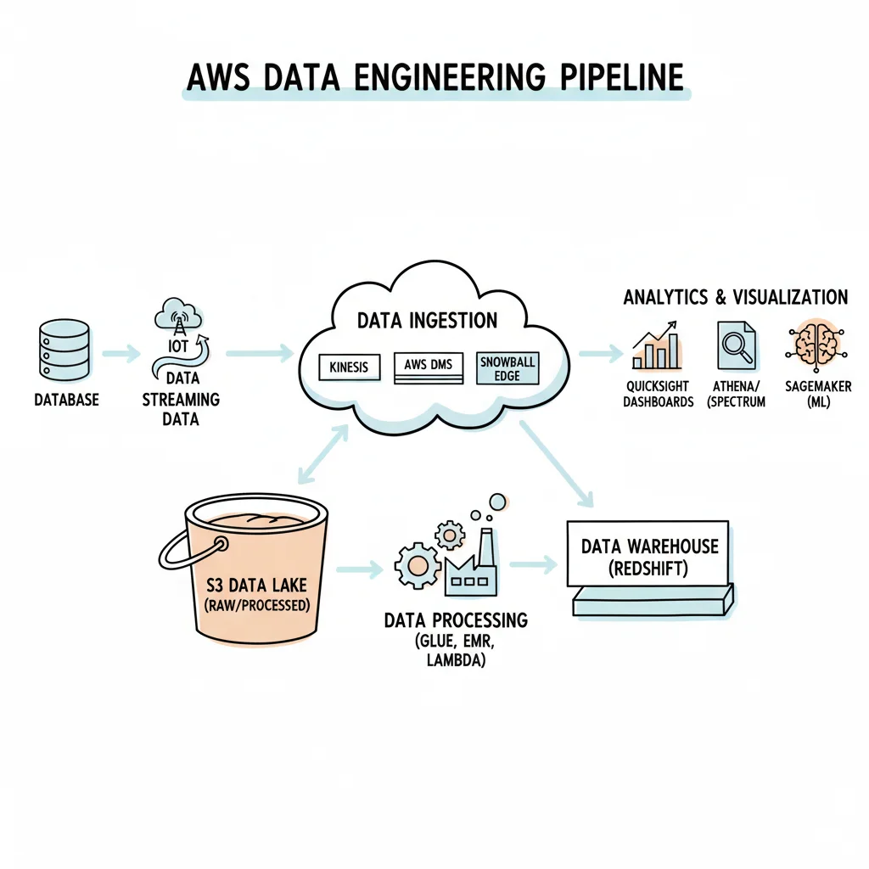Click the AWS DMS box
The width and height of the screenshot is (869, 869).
click(429, 366)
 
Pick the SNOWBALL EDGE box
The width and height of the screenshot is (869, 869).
click(507, 367)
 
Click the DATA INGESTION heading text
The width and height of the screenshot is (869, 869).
click(427, 321)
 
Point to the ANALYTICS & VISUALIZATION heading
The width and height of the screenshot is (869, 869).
click(735, 297)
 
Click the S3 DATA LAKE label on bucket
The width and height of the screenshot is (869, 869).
click(255, 585)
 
